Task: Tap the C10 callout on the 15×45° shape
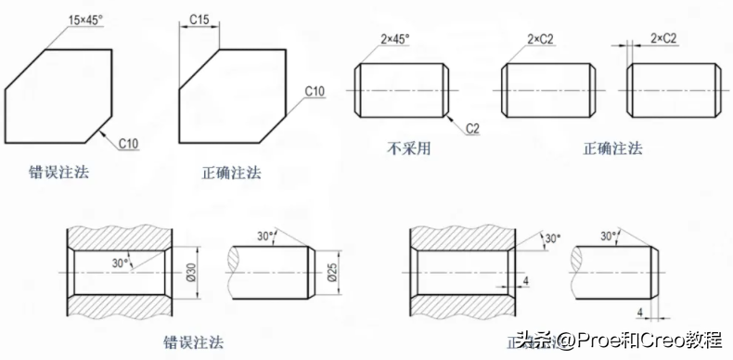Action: click(x=128, y=143)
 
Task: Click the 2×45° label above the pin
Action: click(x=394, y=40)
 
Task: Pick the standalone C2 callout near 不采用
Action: click(x=470, y=127)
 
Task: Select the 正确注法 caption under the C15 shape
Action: click(x=231, y=172)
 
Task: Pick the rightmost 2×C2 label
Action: click(x=663, y=37)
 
